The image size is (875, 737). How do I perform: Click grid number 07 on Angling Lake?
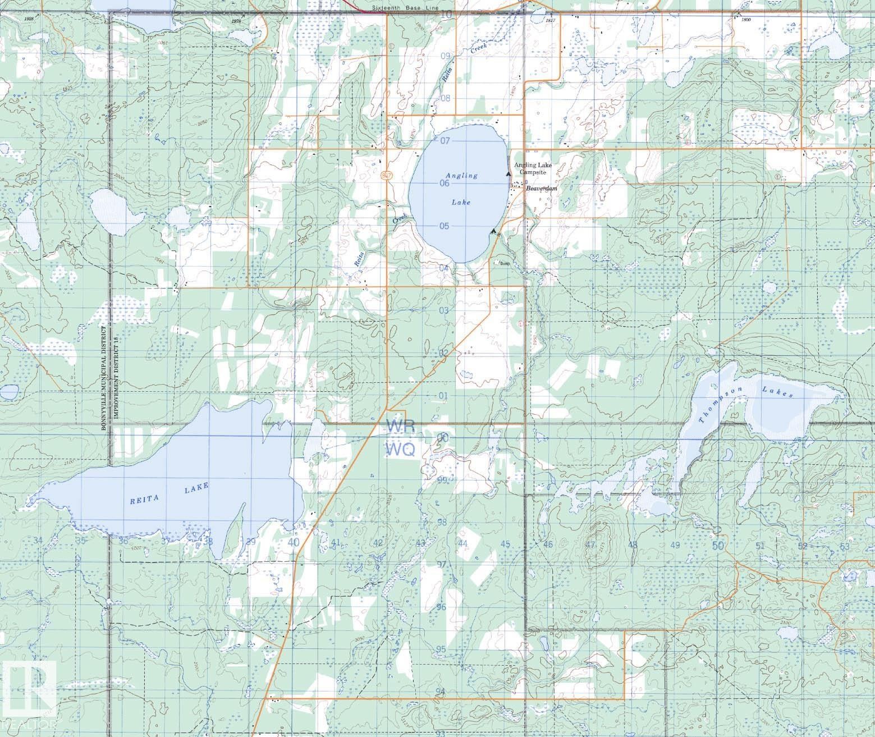coord(446,140)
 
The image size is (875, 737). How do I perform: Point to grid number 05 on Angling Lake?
coord(445,226)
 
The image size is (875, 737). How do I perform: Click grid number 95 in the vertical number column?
coord(441,649)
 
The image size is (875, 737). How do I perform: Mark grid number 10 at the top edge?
coord(447,14)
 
